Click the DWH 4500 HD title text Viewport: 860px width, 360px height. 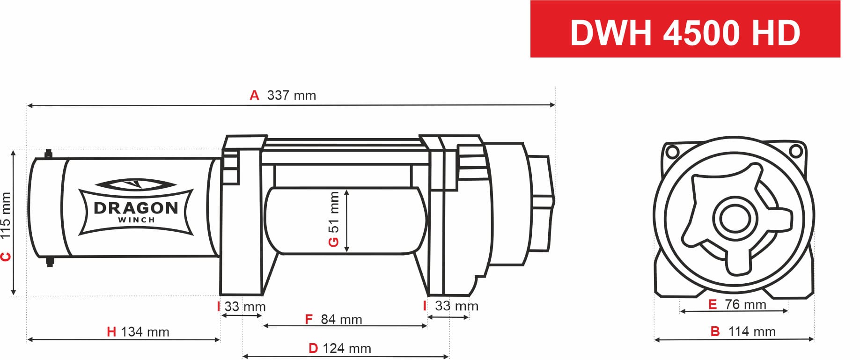tap(685, 33)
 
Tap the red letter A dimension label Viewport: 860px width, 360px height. tap(254, 96)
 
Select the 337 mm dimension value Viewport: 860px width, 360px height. tap(291, 96)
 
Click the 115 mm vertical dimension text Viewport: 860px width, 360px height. tap(6, 216)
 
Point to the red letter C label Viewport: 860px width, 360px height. tap(6, 257)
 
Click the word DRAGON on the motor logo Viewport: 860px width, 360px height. tap(136, 208)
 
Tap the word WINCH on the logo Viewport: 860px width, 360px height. tap(136, 220)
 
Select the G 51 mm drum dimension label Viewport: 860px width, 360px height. tap(333, 219)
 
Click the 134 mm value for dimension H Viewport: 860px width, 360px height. tap(145, 332)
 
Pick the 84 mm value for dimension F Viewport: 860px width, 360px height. tap(341, 320)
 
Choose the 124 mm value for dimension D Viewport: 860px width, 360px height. tap(346, 349)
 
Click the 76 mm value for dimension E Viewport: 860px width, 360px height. tap(745, 305)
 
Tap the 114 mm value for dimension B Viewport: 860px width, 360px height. tap(752, 332)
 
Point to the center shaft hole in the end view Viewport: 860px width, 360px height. tap(735, 218)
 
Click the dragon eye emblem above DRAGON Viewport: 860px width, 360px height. tap(135, 184)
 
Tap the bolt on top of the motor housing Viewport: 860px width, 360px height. tap(48, 154)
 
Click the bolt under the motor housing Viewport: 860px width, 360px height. tap(50, 262)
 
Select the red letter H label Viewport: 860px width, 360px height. tap(111, 332)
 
